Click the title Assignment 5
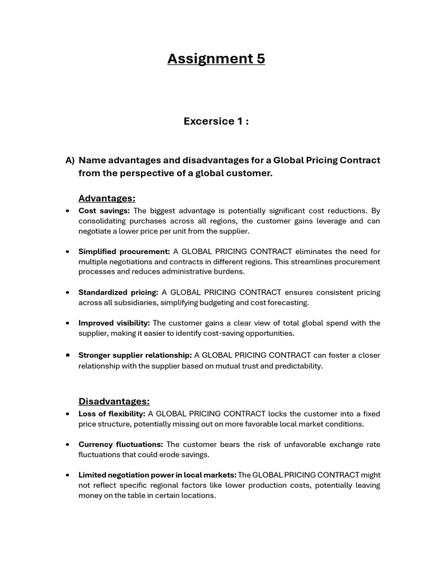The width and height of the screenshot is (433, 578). click(216, 59)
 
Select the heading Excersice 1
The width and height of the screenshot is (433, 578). click(216, 121)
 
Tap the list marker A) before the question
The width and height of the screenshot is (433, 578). click(70, 160)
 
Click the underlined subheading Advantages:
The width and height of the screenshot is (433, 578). click(107, 198)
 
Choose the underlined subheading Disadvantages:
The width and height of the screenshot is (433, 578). click(114, 401)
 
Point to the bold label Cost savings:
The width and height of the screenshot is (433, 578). click(104, 211)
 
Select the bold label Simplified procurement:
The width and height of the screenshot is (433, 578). click(124, 251)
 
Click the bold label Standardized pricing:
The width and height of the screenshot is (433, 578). click(118, 292)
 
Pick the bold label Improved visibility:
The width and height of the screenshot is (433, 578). click(114, 323)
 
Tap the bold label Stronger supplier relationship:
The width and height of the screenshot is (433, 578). click(135, 355)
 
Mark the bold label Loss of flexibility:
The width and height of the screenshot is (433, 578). click(112, 414)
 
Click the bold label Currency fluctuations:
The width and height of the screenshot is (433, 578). click(121, 444)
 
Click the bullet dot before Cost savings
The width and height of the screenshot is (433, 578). click(68, 211)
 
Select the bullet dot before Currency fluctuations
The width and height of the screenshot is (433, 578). click(68, 444)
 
